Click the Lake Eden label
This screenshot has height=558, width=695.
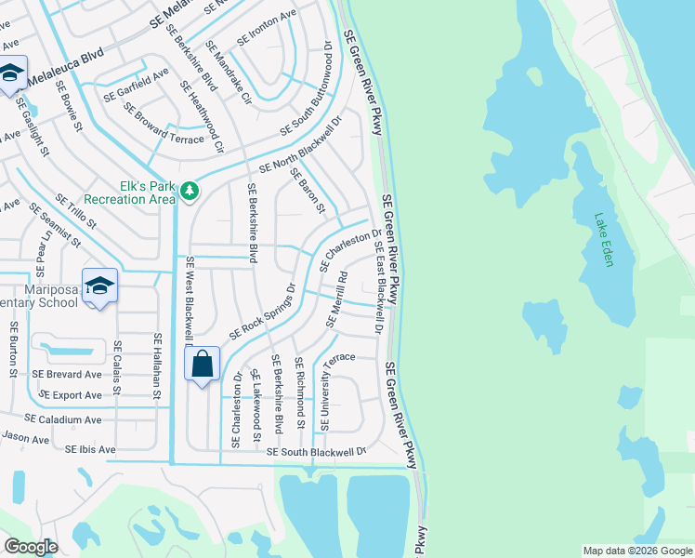pos(605,240)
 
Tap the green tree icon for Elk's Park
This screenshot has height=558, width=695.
pos(190,191)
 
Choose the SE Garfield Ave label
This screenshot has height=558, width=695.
pos(136,83)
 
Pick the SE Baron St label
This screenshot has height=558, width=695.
pos(307,190)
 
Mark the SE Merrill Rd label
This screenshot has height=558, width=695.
pos(336,299)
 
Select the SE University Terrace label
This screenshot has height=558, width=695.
pos(337,391)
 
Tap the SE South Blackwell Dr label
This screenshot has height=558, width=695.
pos(317,451)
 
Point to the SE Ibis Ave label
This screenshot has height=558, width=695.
pos(90,449)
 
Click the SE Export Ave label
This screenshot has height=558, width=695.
pos(67,395)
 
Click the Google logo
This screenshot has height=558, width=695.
pos(31,546)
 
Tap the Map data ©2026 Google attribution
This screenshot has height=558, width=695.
pos(637,551)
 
